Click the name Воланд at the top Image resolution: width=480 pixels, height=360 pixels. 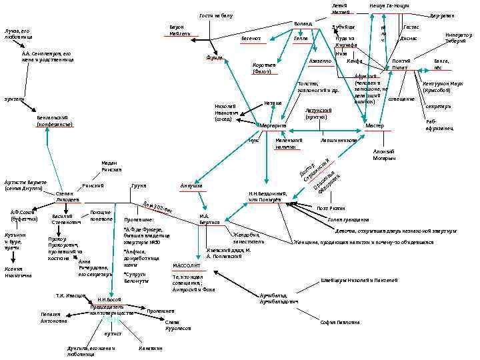pos(303,23)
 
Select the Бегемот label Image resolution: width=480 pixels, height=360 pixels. pos(252,39)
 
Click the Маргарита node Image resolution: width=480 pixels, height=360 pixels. pos(273,125)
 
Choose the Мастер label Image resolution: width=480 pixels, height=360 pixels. pos(375,125)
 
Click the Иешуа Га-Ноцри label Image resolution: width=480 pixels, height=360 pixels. pos(388,5)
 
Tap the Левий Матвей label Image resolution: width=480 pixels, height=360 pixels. pos(340,9)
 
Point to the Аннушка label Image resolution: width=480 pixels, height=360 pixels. pos(191,185)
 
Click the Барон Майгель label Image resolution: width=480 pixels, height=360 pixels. pos(181,30)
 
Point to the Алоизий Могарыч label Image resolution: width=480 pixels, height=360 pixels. pos(385,155)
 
